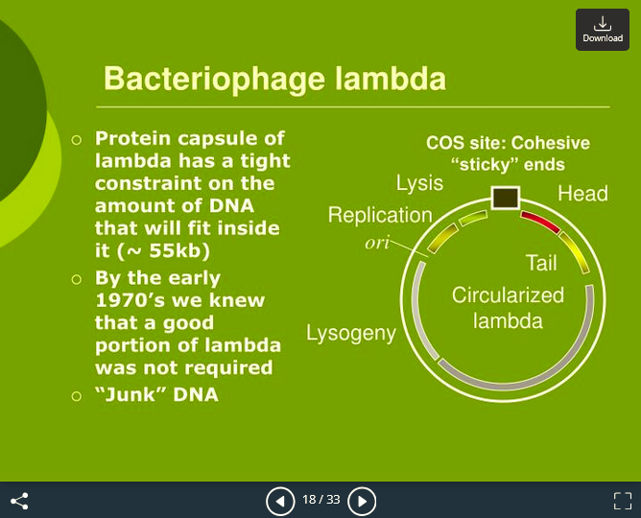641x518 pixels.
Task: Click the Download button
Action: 602,29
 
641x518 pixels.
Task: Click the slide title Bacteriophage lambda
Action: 274,79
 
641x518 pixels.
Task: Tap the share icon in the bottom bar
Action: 19,501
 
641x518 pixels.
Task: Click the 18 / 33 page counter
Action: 320,500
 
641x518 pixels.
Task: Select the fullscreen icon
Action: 623,501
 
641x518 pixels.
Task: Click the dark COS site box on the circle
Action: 505,198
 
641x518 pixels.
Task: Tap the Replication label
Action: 380,215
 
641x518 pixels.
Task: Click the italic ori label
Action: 377,243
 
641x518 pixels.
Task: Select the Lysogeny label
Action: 351,334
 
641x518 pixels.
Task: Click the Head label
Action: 582,194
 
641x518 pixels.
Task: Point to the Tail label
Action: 541,263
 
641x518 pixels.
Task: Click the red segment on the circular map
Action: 540,223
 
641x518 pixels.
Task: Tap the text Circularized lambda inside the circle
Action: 508,307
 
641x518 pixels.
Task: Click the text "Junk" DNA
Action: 156,394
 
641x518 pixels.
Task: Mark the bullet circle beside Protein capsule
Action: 78,140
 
